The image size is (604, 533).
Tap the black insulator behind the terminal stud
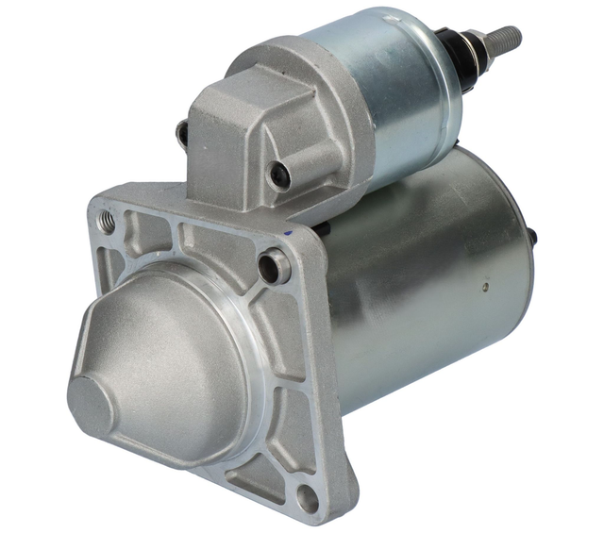(x=469, y=53)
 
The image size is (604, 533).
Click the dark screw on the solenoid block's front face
(x=277, y=174)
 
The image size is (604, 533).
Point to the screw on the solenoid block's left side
(x=182, y=135)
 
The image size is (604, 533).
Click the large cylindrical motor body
(x=425, y=283)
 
